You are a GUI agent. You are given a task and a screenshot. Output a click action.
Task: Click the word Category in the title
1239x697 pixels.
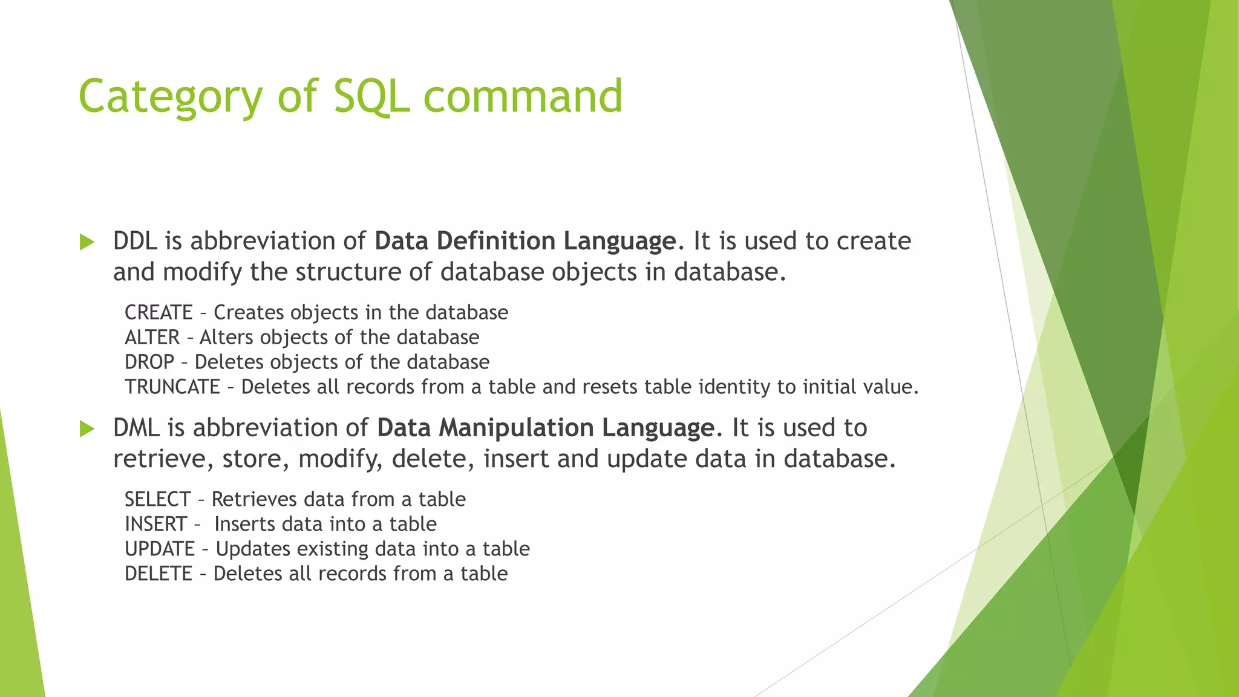coord(171,97)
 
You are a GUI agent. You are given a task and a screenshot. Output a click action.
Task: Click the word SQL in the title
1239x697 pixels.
coord(371,97)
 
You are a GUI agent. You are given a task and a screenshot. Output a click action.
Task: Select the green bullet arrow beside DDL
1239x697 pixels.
coord(87,243)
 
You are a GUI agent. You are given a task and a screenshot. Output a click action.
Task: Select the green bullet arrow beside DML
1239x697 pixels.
coord(87,430)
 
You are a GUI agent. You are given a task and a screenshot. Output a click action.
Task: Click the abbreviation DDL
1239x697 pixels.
coord(135,241)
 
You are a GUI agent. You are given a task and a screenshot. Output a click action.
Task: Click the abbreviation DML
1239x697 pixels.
coord(137,428)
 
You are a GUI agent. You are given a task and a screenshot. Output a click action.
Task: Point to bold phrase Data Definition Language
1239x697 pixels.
coord(525,241)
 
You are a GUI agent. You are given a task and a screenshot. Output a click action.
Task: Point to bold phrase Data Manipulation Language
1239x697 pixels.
coord(545,428)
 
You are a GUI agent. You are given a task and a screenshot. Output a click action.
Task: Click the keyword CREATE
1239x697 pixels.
coord(159,313)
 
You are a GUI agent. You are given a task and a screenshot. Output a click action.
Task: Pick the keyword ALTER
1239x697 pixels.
coord(152,338)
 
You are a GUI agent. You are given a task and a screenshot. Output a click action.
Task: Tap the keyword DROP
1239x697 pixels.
coord(149,362)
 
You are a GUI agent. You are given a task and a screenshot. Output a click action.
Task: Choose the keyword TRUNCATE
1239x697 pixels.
coord(172,387)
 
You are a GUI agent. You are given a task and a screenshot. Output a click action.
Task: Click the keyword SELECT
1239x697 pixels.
coord(157,500)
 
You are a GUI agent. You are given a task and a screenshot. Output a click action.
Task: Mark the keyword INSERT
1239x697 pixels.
coord(155,525)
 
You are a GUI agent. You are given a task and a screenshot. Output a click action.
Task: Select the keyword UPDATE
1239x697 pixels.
coord(160,549)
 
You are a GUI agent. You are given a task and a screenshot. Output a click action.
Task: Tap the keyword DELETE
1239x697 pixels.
coord(159,574)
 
